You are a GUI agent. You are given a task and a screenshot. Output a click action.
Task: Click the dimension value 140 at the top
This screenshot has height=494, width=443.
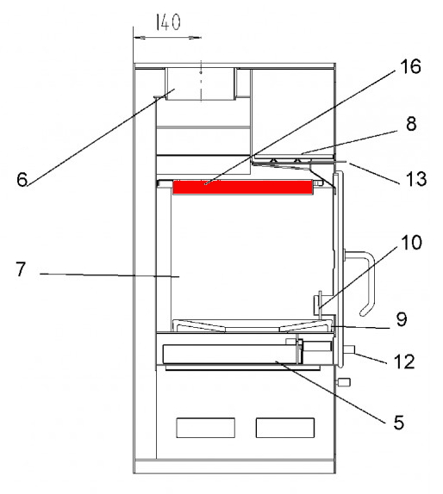tap(168, 22)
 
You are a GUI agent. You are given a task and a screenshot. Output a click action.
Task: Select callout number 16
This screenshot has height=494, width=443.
tap(410, 66)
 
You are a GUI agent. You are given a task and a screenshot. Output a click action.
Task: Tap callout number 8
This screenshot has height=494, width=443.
tap(411, 124)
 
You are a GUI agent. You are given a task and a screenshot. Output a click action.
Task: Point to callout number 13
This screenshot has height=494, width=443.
tap(416, 179)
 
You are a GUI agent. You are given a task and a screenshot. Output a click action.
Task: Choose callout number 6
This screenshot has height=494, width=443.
tap(22, 180)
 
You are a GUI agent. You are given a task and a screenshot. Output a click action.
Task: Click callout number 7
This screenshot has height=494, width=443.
tap(21, 269)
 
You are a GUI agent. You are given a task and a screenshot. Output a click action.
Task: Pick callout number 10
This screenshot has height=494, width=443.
tap(411, 243)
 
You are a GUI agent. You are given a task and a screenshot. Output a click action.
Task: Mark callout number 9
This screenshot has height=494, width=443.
tap(402, 319)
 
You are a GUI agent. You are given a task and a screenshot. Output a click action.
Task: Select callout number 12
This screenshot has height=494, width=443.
tap(404, 361)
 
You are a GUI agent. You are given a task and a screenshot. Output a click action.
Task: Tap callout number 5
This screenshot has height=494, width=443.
tap(398, 423)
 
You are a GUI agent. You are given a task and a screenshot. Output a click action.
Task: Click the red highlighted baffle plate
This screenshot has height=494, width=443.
tap(242, 187)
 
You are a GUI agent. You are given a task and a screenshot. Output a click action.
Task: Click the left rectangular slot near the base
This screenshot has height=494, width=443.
tap(205, 428)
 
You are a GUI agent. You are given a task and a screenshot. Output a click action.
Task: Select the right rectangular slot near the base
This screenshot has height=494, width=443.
tap(285, 428)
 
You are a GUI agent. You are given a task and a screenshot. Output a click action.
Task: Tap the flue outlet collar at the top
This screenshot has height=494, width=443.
tap(201, 83)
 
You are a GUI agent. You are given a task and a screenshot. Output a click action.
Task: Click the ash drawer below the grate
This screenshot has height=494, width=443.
tap(231, 354)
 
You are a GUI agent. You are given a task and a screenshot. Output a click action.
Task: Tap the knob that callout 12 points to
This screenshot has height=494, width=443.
tap(348, 349)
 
